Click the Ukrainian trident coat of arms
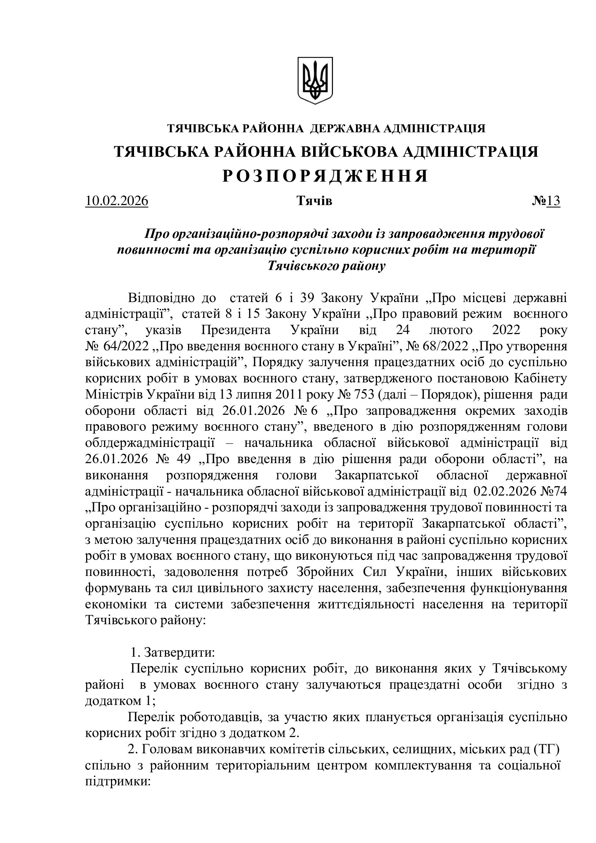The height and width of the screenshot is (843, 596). coord(315,80)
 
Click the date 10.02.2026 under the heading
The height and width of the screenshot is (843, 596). coord(117,201)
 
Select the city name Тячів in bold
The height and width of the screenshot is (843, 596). coord(314,201)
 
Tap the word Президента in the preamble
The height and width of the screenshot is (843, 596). coord(236,330)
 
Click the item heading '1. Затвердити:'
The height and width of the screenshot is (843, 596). coord(173,652)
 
